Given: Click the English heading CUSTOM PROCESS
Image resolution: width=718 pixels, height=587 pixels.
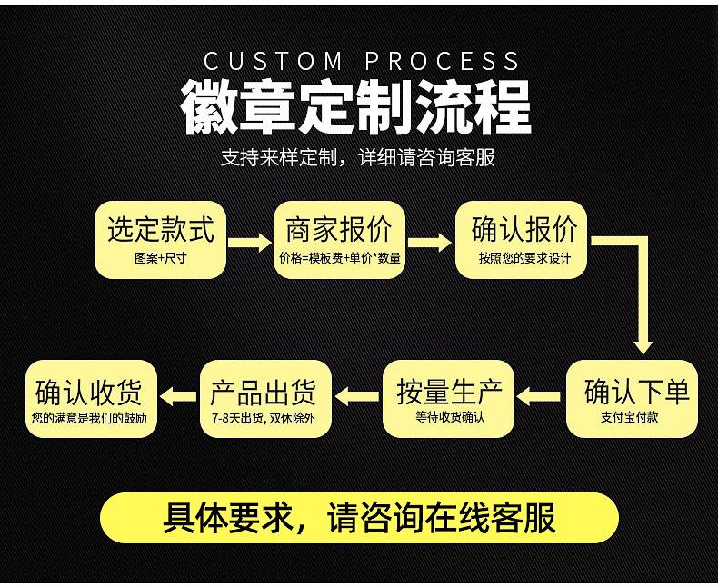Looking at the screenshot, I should (362, 62).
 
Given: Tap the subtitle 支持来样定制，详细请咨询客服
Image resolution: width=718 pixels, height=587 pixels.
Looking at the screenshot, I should (358, 157).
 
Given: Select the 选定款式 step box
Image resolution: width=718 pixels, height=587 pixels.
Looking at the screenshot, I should (161, 239).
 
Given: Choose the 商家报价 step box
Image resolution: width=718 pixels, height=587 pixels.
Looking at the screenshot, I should (339, 239).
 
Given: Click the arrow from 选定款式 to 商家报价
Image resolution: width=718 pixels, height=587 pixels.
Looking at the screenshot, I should (250, 243).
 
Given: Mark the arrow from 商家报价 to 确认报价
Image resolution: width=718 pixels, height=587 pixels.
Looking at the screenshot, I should (429, 243).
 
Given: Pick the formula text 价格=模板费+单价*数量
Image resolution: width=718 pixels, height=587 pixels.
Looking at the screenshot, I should (340, 258).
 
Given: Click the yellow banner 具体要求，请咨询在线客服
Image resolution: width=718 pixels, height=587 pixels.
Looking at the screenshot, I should (359, 518).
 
